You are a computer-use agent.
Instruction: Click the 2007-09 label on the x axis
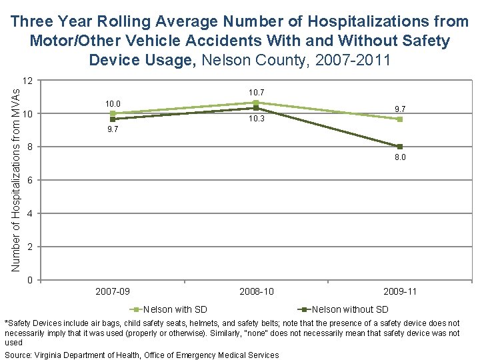[x=113, y=291]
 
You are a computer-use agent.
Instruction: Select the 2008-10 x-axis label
[x=257, y=291]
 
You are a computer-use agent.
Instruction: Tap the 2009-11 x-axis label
[x=400, y=291]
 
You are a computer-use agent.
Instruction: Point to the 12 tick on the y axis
[x=27, y=81]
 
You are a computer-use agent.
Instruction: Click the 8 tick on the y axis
[x=30, y=147]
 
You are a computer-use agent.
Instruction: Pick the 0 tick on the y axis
[x=30, y=280]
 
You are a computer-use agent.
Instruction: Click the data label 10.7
[x=257, y=91]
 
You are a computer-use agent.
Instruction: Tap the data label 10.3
[x=257, y=119]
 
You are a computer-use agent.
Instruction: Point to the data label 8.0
[x=400, y=158]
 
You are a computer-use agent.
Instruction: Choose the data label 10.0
[x=113, y=103]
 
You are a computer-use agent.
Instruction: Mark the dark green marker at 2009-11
[x=400, y=147]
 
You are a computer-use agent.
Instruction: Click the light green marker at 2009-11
[x=400, y=119]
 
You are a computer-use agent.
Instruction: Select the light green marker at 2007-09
[x=113, y=113]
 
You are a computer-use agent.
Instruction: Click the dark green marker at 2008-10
[x=257, y=108]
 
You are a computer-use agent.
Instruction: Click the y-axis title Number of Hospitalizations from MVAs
[x=17, y=179]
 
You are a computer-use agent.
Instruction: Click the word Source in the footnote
[x=19, y=355]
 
